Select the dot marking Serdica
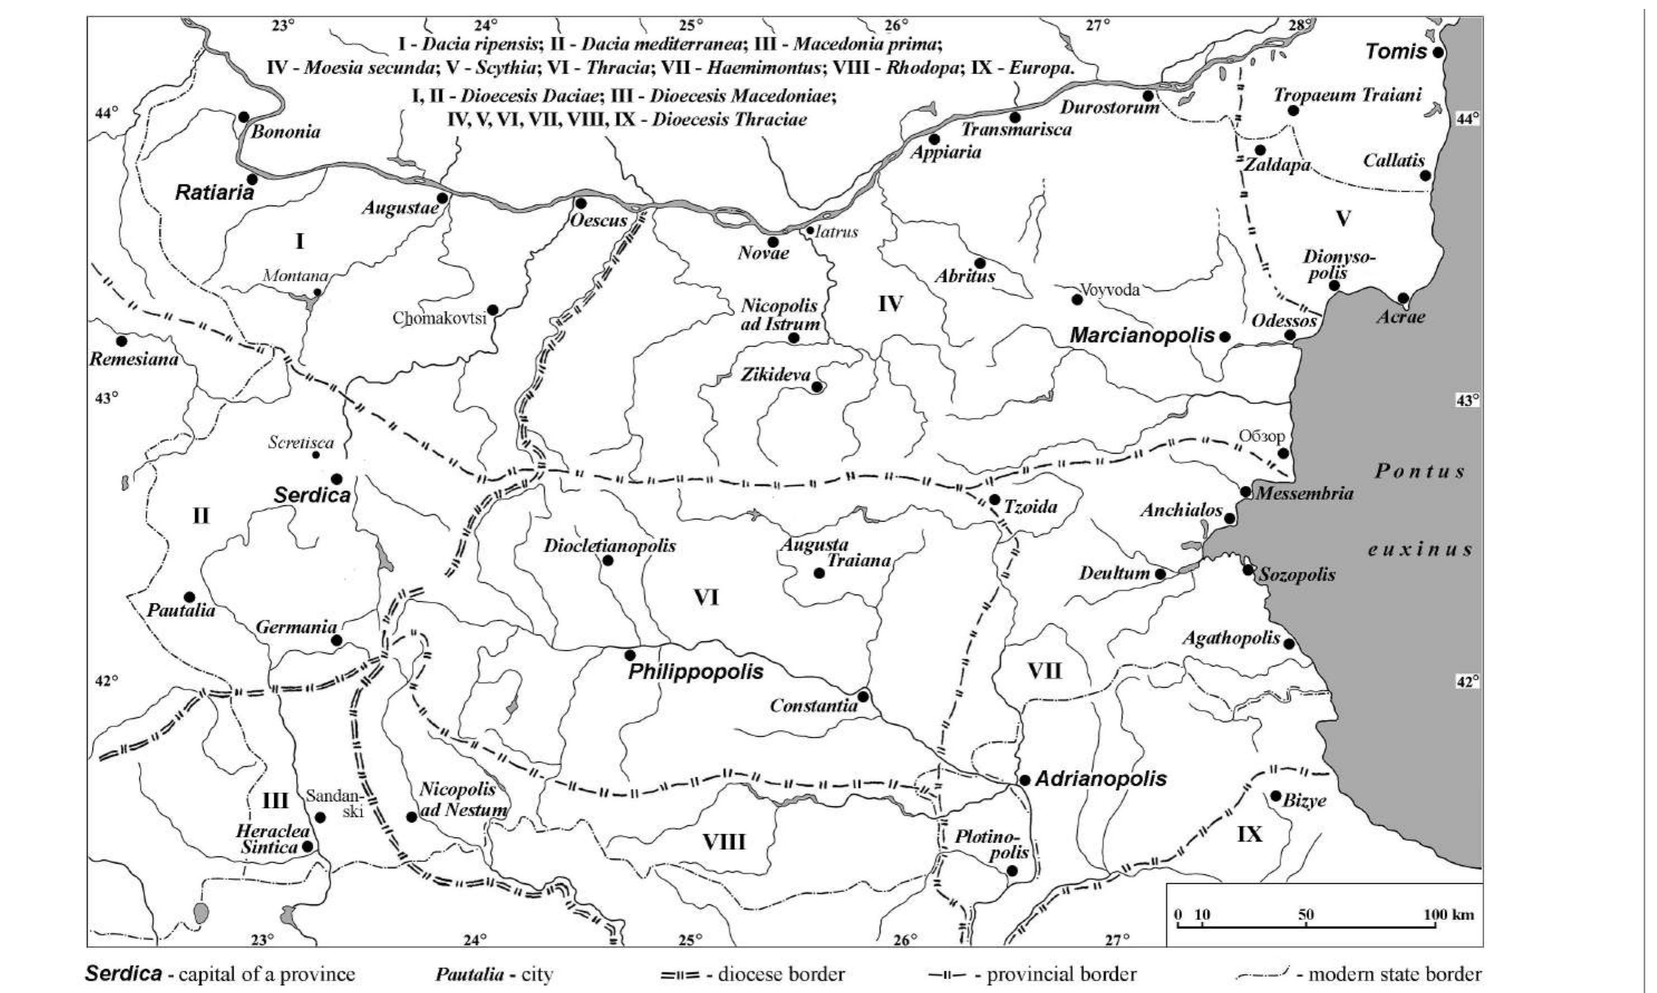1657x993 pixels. point(337,479)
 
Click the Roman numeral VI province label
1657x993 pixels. point(706,597)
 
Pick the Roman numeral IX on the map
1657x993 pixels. point(1250,834)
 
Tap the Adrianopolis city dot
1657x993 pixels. point(1024,780)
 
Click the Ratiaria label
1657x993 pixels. point(215,193)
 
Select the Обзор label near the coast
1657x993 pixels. point(1261,436)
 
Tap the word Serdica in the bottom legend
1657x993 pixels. point(123,973)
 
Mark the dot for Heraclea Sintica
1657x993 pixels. point(307,846)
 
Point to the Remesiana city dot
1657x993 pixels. point(121,341)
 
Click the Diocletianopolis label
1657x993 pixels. point(609,546)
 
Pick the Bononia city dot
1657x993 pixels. point(244,117)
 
